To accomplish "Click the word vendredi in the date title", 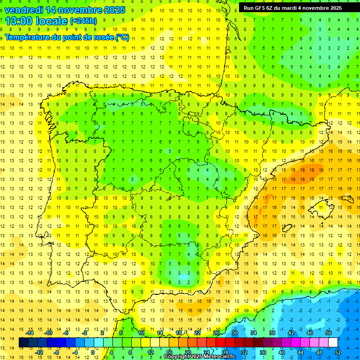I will pyautogui.click(x=24, y=9).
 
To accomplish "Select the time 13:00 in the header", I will pyautogui.click(x=21, y=21).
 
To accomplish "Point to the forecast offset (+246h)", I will pyautogui.click(x=83, y=21).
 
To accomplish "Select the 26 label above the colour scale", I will pyautogui.click(x=216, y=333).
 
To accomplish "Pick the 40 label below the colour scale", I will pyautogui.click(x=282, y=352).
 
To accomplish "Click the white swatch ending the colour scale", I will pyautogui.click(x=333, y=343).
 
